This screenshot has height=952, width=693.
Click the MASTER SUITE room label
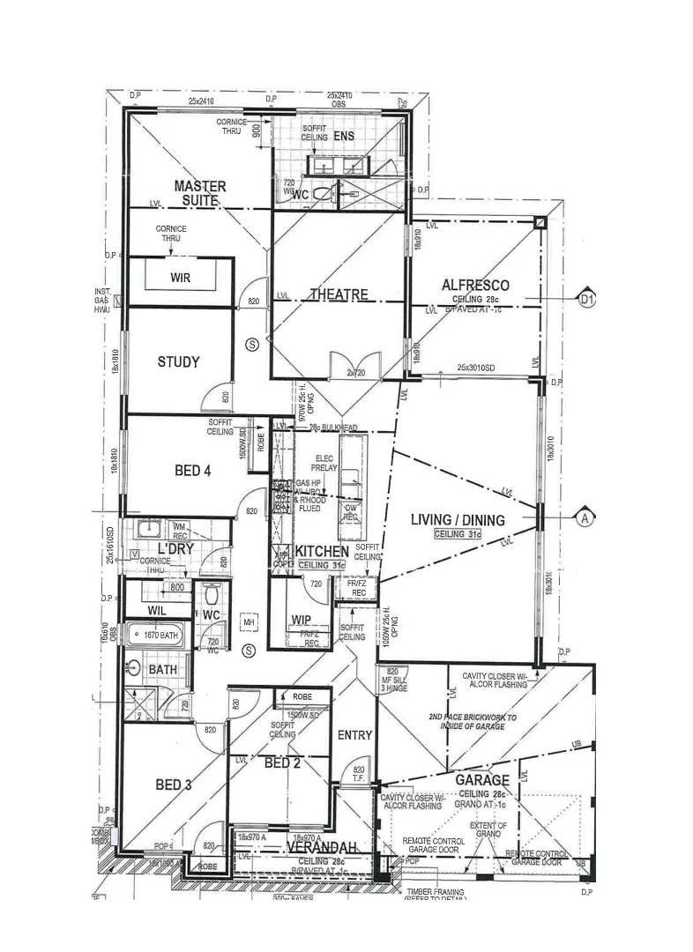(199, 193)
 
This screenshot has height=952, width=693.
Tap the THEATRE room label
(338, 294)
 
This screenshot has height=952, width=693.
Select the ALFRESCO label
(476, 286)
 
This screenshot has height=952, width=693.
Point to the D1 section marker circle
(588, 301)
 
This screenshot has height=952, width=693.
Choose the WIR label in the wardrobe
(181, 279)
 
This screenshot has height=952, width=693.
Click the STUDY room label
(178, 361)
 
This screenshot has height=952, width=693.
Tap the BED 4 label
(192, 471)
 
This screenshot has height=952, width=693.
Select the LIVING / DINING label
(458, 520)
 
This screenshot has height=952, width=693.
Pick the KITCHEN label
(322, 551)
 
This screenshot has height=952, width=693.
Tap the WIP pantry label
(300, 620)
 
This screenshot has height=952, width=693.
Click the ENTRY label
(354, 734)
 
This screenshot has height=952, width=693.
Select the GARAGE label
(481, 780)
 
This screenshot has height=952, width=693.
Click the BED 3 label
(174, 785)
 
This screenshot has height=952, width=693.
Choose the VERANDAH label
(321, 847)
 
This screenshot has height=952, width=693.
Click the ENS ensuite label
(344, 137)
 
